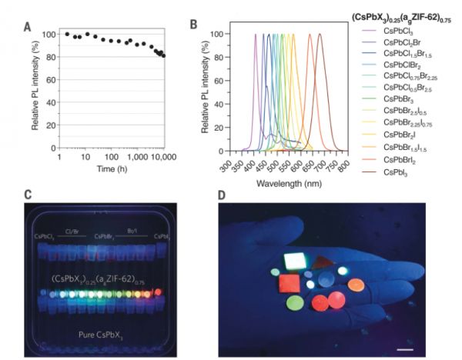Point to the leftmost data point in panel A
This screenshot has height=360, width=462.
click(x=67, y=34)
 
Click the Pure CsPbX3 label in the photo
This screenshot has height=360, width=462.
click(x=108, y=335)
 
